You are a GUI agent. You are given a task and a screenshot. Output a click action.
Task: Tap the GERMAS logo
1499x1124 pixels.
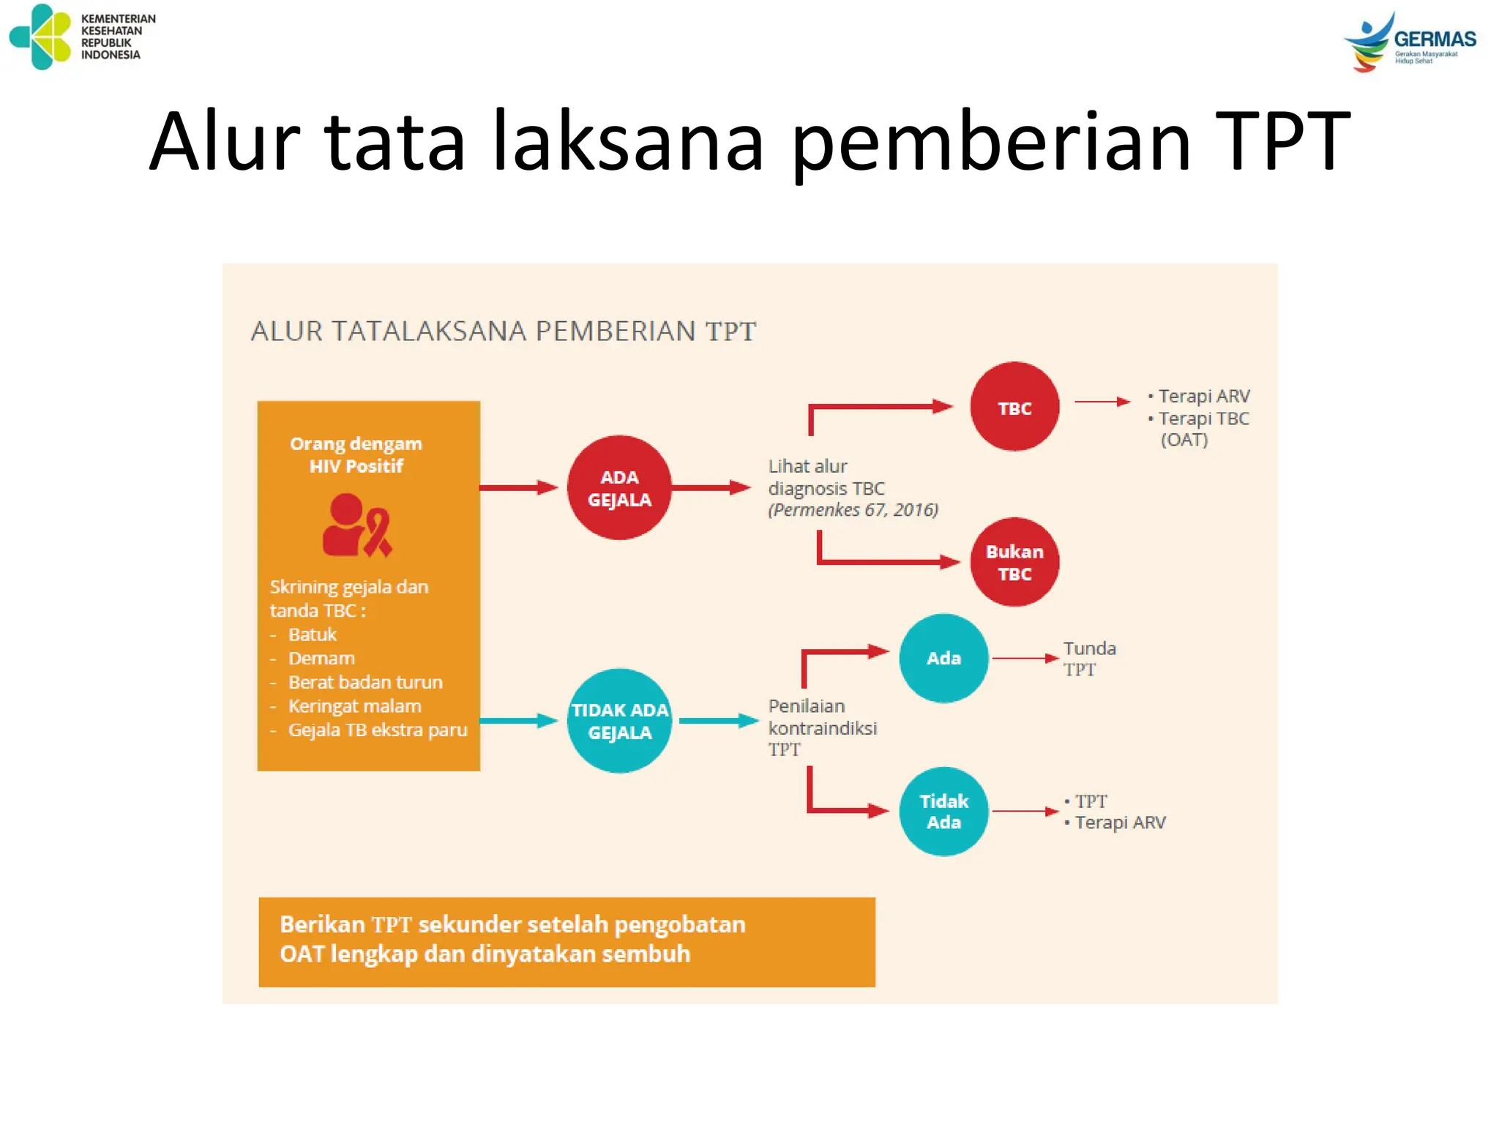pos(1410,41)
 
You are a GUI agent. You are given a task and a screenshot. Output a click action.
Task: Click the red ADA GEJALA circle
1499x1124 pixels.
pos(619,488)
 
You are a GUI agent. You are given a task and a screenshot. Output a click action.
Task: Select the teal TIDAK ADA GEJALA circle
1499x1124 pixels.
pos(619,721)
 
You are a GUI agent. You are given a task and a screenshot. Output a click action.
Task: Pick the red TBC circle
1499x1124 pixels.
pos(1014,407)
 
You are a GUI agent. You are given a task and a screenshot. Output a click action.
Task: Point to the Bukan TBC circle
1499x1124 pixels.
pos(1014,562)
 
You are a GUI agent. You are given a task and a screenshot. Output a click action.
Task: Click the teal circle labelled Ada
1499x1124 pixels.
pos(943,658)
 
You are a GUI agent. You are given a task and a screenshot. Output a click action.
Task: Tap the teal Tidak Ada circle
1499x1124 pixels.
pos(943,811)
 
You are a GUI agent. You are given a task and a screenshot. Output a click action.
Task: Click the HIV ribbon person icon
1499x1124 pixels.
pos(356,525)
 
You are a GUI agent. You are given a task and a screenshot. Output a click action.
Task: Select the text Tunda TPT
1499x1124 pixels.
pos(1088,659)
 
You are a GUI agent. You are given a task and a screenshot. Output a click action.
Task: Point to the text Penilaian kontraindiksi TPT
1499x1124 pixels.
pos(822,727)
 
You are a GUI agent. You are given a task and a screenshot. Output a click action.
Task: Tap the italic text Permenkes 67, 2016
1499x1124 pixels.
pos(853,510)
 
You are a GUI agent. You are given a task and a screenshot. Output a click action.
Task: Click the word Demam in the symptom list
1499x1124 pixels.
pos(321,659)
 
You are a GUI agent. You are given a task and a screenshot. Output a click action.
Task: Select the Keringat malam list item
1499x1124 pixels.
pos(354,706)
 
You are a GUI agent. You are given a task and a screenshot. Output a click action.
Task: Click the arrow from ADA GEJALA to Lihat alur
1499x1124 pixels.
pos(710,487)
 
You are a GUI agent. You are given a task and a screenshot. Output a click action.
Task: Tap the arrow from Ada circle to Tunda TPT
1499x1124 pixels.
pos(1025,659)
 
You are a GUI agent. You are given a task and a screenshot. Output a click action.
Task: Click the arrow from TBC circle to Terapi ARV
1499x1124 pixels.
pos(1102,402)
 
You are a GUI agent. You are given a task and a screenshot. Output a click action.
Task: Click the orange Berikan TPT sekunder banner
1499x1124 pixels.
pos(567,942)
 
